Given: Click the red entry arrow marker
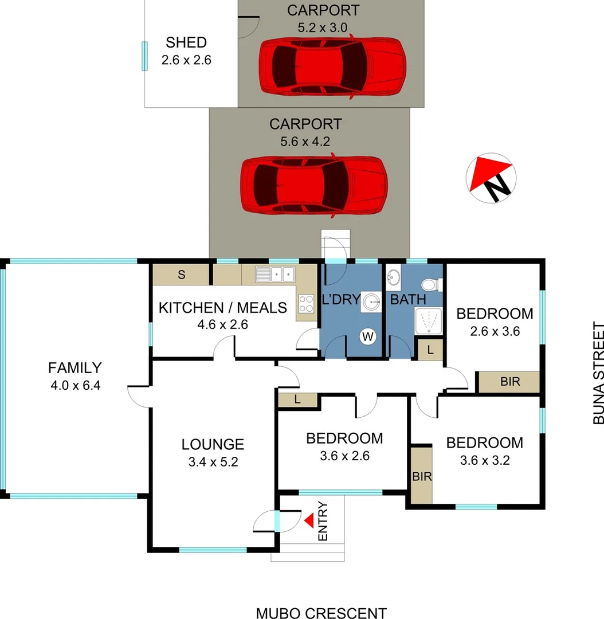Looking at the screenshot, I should (309, 520).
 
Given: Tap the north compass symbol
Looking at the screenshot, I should (492, 178).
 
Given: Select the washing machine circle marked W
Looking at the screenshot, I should (367, 337).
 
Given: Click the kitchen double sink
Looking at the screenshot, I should (275, 275).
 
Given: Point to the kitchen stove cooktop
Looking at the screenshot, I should (306, 303).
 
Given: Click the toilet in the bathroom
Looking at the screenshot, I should (430, 285).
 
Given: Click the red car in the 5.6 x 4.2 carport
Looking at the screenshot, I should (313, 185).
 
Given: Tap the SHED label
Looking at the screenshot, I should (186, 42).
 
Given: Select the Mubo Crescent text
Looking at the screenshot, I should (321, 613).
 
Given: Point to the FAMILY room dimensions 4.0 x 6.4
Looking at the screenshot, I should (75, 385).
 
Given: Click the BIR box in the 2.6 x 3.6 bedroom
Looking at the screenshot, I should (509, 382).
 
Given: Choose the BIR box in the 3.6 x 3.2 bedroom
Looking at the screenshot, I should (422, 476).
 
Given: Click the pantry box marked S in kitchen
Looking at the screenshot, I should (181, 275).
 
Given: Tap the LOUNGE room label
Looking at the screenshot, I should (213, 444).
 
